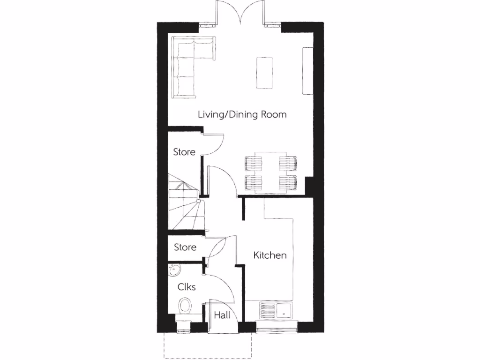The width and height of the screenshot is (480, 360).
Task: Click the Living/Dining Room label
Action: (x=242, y=114)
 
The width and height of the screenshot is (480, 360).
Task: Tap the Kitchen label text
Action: (x=270, y=255)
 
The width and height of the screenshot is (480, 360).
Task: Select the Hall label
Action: (x=222, y=315)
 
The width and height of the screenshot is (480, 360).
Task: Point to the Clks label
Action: (x=186, y=287)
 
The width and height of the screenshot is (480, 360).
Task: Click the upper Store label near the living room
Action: (x=184, y=152)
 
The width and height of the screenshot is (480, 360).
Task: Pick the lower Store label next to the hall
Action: (x=185, y=247)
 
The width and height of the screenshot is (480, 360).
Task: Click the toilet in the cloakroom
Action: (x=185, y=306)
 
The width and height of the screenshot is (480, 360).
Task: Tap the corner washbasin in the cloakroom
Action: (x=174, y=270)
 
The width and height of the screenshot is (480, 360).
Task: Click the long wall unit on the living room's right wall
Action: (x=307, y=71)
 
